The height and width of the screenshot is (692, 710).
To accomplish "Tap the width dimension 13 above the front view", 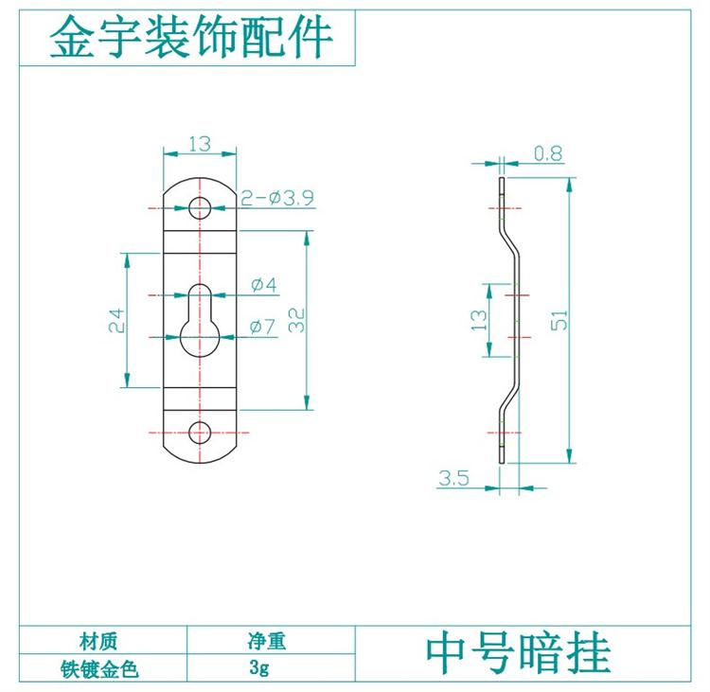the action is (x=199, y=144).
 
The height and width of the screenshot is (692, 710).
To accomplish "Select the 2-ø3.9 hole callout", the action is (x=277, y=198).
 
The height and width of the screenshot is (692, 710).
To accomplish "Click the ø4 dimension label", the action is (x=264, y=284).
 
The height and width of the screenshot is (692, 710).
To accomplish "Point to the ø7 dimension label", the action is (x=263, y=328).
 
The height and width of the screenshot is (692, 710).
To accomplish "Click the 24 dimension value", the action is (x=115, y=320).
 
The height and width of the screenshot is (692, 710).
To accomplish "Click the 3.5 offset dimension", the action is (x=453, y=478).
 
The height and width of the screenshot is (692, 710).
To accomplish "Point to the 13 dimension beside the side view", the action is (x=480, y=320).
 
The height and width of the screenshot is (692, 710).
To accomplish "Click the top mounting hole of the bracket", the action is (x=199, y=207).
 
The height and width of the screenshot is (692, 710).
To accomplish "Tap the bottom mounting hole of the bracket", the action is (x=199, y=433).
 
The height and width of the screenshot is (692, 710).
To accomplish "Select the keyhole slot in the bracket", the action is (x=199, y=322).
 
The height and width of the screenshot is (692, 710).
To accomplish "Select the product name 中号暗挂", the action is (x=518, y=653).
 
